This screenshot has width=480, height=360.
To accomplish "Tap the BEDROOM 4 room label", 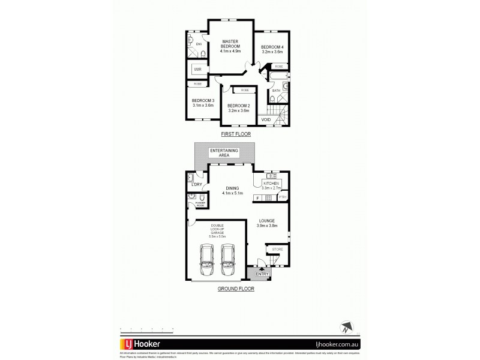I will click(x=271, y=49).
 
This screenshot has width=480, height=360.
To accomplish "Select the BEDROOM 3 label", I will click(x=203, y=103).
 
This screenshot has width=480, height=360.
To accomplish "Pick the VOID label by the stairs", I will click(x=266, y=119).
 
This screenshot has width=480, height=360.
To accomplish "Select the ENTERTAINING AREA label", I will click(x=224, y=152).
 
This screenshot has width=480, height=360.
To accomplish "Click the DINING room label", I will click(x=231, y=189).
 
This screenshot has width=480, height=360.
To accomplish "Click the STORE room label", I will click(x=277, y=248).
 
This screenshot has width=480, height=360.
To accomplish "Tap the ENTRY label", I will click(x=262, y=274).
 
